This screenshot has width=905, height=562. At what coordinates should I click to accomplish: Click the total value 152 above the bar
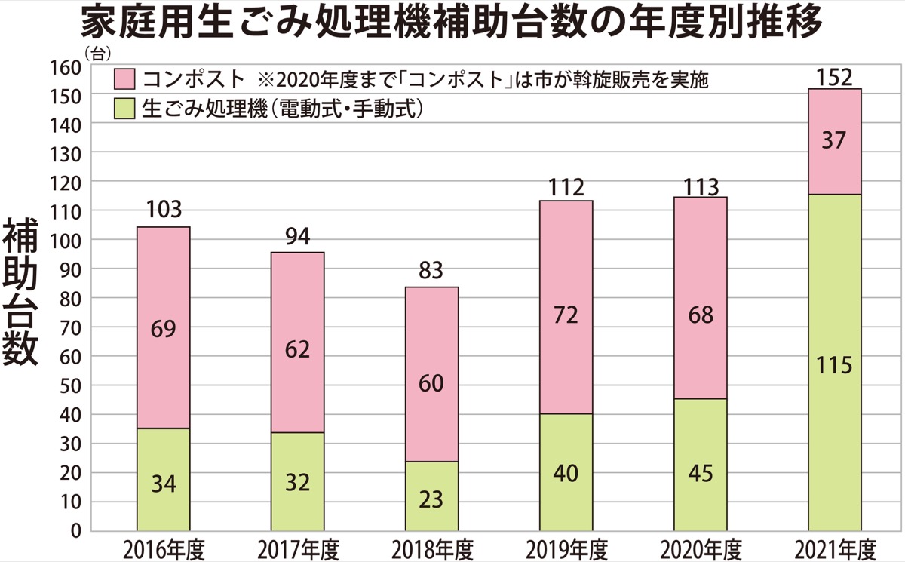(834, 77)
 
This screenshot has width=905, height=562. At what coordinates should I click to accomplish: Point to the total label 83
(431, 270)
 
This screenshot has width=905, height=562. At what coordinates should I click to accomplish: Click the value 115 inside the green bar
(834, 366)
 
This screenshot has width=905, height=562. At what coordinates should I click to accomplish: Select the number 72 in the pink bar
(566, 315)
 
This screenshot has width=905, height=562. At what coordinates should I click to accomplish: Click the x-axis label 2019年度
(566, 547)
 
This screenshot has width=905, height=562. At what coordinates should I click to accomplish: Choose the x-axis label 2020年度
(700, 547)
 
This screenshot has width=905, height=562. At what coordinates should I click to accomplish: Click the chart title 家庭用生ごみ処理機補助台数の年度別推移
(452, 23)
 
